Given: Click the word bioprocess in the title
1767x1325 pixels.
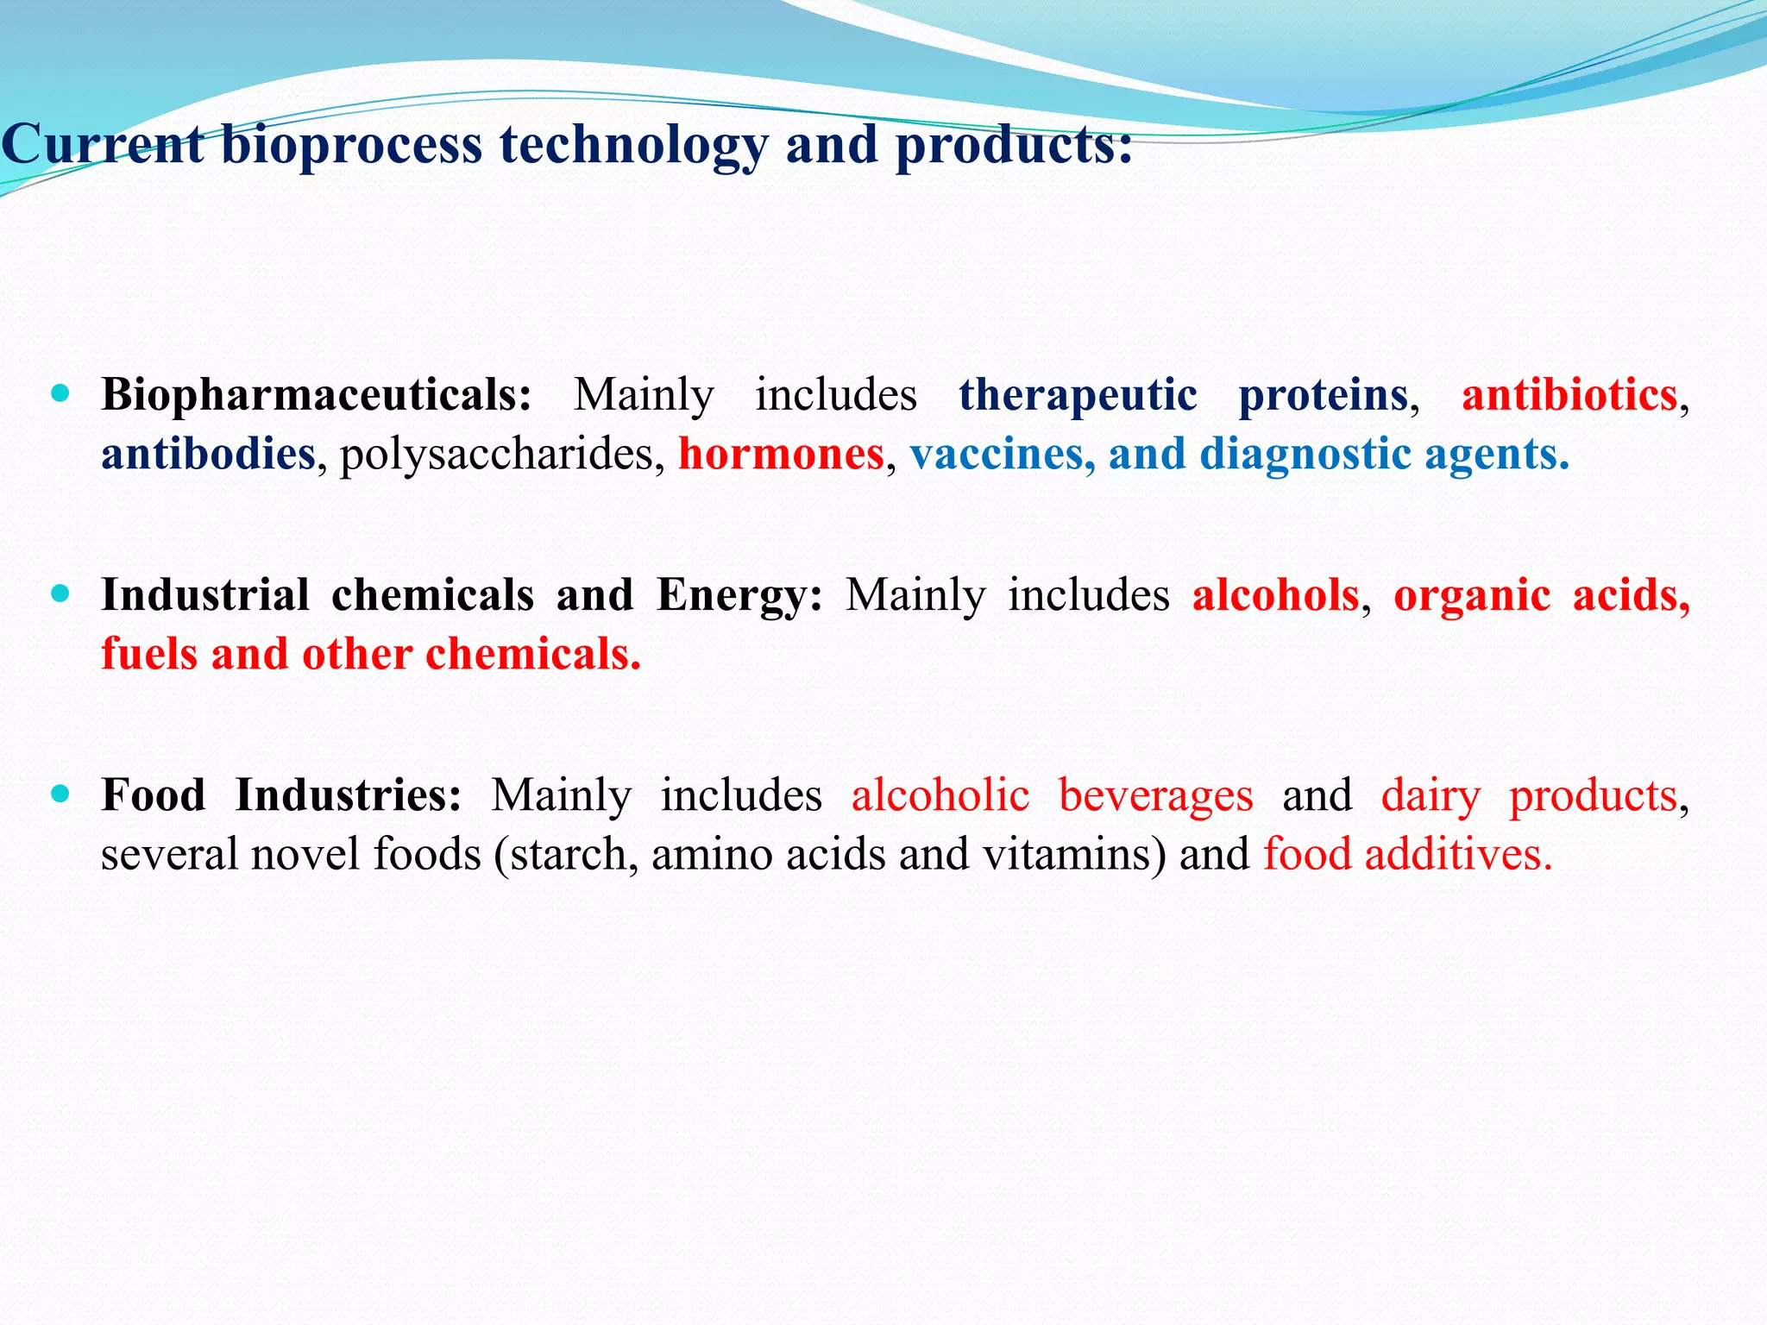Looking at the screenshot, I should [x=351, y=145].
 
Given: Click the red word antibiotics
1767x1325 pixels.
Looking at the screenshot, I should [x=1569, y=395].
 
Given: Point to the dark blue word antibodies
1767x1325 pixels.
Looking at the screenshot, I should [x=208, y=454].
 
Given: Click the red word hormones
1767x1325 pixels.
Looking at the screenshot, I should [x=781, y=454].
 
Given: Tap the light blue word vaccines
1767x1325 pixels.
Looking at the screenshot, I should [x=997, y=454].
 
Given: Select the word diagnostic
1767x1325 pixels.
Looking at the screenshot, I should [x=1305, y=454].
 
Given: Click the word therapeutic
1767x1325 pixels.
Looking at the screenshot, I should [x=1078, y=395].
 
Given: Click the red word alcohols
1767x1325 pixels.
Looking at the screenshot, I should [x=1275, y=595].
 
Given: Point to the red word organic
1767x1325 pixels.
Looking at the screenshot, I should [x=1471, y=595].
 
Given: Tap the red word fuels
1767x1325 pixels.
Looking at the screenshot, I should [x=149, y=654].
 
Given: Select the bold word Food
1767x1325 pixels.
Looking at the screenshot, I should [x=154, y=795].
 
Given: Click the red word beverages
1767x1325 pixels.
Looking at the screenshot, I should [x=1155, y=795].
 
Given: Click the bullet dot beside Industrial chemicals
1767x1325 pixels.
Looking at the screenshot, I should [x=60, y=594].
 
